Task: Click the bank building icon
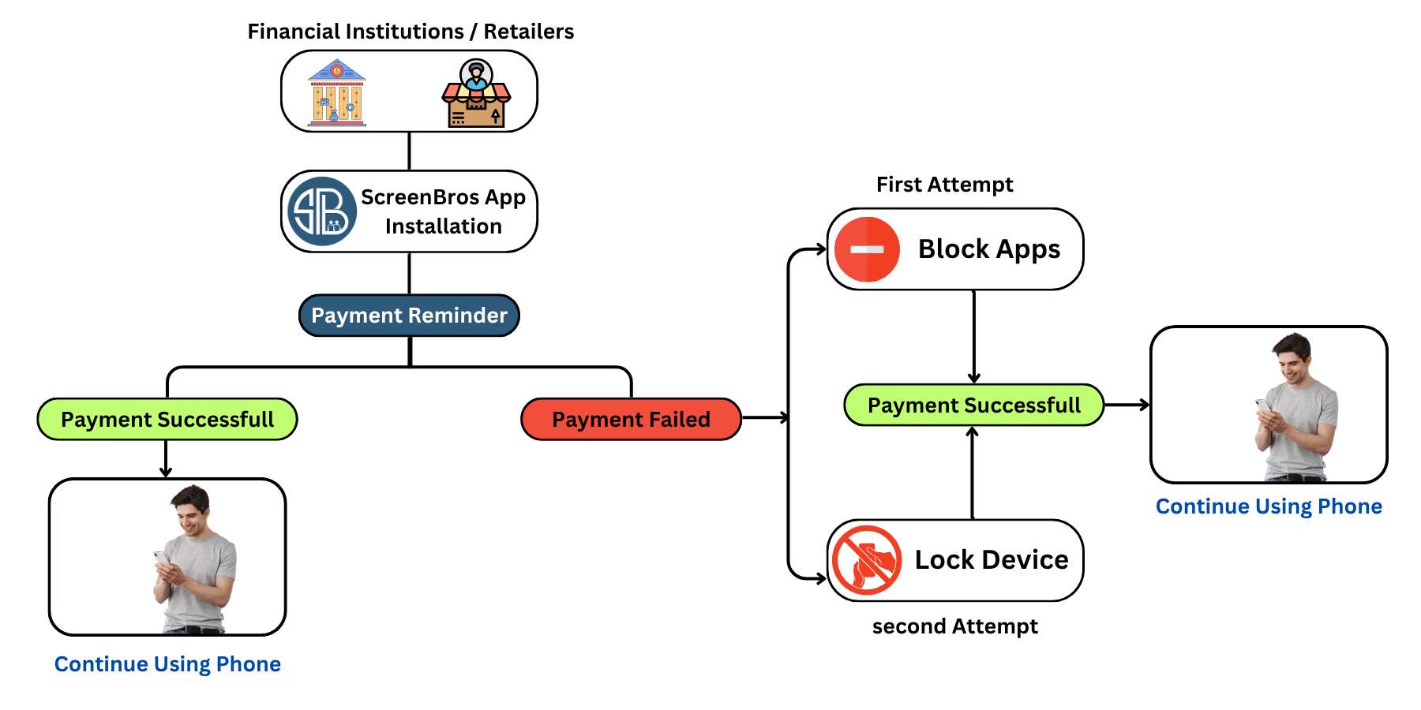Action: pos(337,93)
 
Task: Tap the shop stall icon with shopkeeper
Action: pos(476,95)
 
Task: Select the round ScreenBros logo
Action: pos(322,211)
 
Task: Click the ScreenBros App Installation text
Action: pos(443,211)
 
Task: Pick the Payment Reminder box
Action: pos(409,316)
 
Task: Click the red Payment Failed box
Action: pos(631,419)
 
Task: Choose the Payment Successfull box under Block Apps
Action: pos(973,405)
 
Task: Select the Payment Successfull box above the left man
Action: pos(167,419)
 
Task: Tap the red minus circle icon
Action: pos(867,249)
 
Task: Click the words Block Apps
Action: pos(989,249)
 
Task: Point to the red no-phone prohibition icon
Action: pos(867,560)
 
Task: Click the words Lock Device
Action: pos(992,560)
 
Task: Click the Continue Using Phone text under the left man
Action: pos(167,664)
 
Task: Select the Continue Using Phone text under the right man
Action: pos(1269,506)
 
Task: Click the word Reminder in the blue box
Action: pos(459,316)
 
